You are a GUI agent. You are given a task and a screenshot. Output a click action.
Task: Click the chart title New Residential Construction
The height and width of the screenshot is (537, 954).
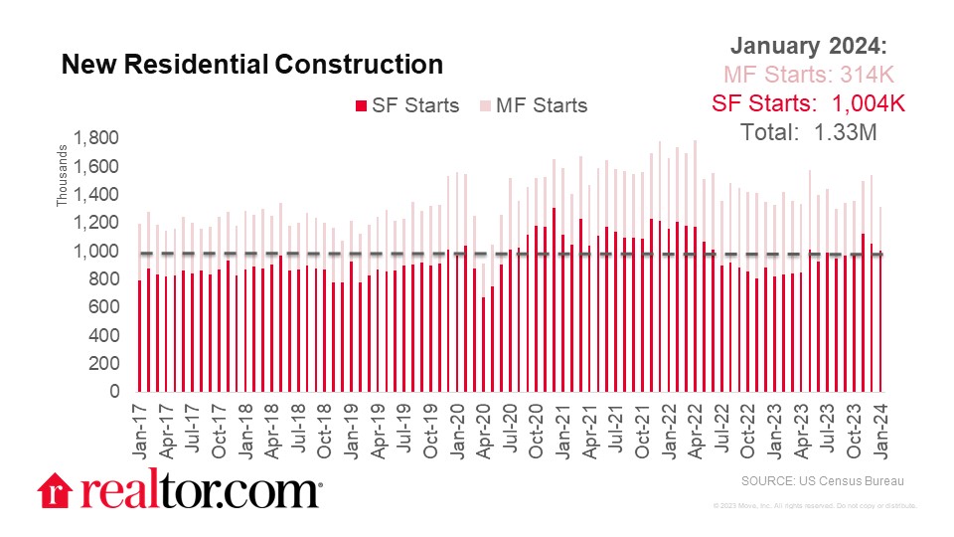251,65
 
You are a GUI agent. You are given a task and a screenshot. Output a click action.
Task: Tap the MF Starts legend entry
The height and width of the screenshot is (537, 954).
535,105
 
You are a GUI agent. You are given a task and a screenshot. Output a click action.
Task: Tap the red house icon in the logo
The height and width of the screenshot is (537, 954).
55,491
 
